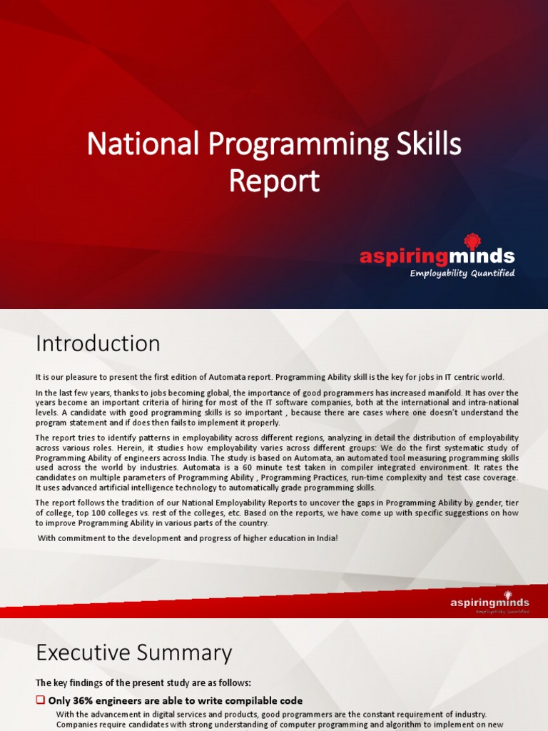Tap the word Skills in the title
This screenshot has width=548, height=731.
pos(427,146)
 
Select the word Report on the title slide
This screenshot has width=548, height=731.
pos(274,181)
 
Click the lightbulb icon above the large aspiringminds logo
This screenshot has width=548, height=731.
pos(472,241)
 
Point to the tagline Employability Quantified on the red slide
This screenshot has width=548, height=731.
pos(462,273)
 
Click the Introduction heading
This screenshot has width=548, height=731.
pos(98,344)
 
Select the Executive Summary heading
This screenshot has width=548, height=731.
pos(133,653)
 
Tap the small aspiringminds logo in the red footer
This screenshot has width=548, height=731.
pos(489,603)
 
